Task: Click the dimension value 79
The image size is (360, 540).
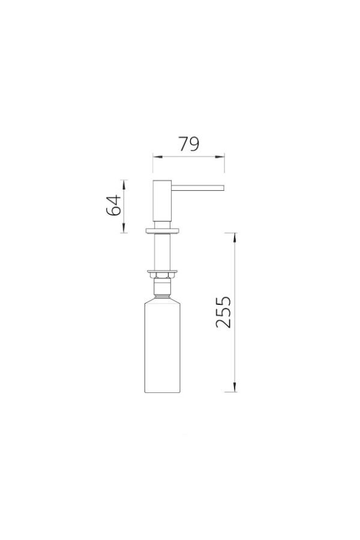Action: pos(189,144)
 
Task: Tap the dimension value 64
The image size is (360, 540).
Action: pos(113,205)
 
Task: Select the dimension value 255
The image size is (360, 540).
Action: pos(223,312)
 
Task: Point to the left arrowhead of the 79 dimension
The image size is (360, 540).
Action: pos(157,157)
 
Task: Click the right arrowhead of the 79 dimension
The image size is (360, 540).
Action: pos(220,157)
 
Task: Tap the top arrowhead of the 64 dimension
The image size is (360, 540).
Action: pos(124,184)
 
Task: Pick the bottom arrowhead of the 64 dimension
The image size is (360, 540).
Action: pos(124,228)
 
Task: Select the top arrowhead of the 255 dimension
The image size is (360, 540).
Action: pos(235,238)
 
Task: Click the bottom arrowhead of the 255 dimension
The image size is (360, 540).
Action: pos(235,387)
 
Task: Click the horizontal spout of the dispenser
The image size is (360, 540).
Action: pos(198,187)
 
